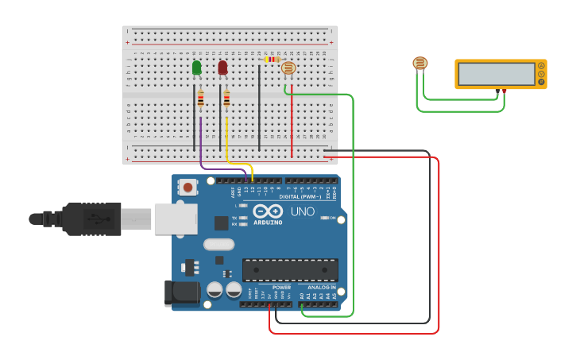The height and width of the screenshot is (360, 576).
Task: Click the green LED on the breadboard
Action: click(x=196, y=68)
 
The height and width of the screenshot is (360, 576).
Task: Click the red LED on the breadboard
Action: click(x=222, y=68)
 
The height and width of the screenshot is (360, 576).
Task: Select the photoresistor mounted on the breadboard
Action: click(x=288, y=68)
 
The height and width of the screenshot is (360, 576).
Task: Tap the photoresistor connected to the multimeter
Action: click(x=420, y=64)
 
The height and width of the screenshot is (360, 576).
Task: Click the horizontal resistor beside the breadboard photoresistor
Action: click(x=273, y=59)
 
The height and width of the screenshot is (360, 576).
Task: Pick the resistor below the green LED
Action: click(x=200, y=99)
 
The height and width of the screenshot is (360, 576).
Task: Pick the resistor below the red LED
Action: click(x=226, y=99)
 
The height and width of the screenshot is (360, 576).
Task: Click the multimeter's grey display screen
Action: click(x=496, y=74)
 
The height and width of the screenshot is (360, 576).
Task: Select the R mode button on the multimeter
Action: click(x=541, y=81)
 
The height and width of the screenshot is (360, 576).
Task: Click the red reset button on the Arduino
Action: click(x=188, y=188)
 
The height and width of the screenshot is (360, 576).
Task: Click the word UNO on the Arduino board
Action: click(x=302, y=212)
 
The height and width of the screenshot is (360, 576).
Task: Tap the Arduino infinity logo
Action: click(x=268, y=211)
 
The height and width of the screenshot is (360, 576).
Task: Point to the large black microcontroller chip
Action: click(x=290, y=269)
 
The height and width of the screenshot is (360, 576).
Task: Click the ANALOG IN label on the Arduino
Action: click(x=321, y=287)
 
